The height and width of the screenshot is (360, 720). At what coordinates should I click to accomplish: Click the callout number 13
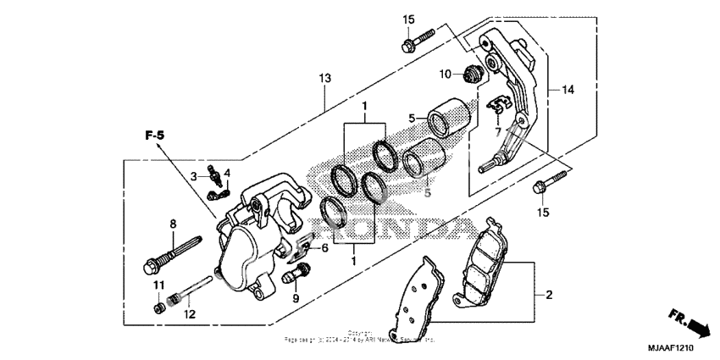(x=324, y=79)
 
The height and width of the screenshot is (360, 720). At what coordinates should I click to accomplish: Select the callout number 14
(x=568, y=89)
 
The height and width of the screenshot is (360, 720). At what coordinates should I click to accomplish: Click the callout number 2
(x=548, y=295)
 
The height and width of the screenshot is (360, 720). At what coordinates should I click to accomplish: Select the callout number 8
(x=172, y=224)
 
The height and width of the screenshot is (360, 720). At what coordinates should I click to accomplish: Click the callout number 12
(x=189, y=314)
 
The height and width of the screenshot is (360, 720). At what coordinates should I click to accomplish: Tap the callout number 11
(x=157, y=285)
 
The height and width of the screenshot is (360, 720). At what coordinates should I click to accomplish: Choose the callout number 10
(x=446, y=75)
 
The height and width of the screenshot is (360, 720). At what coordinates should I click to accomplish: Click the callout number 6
(x=324, y=247)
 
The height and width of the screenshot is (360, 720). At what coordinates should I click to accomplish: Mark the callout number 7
(x=497, y=132)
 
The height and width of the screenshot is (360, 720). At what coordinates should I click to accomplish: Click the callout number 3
(x=193, y=175)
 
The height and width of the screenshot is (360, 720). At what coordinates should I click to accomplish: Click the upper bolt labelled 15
(x=418, y=36)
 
